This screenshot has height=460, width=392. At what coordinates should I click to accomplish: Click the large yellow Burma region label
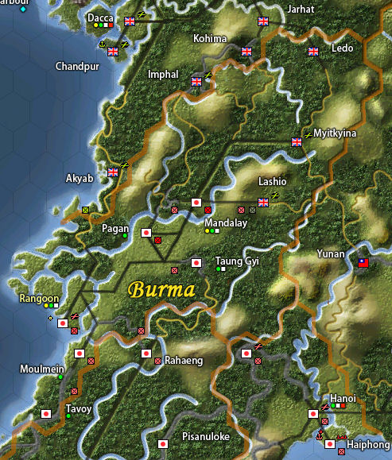click(161, 289)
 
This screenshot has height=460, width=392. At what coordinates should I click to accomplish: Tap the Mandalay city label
click(226, 223)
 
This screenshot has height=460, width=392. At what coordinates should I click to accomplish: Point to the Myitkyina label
click(336, 133)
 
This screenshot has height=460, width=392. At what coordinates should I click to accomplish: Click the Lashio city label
click(273, 181)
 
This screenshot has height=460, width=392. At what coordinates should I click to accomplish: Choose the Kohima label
click(210, 39)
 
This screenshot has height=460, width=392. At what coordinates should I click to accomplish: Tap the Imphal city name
click(163, 75)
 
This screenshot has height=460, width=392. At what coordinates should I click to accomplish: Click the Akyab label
click(79, 179)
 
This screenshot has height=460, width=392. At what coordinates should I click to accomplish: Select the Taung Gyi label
click(238, 261)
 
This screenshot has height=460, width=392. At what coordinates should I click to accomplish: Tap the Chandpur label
click(76, 66)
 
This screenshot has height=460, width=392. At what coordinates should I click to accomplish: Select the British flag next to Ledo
click(312, 51)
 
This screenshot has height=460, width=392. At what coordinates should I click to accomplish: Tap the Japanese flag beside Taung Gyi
click(196, 262)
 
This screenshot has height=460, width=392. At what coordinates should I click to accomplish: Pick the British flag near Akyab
click(113, 171)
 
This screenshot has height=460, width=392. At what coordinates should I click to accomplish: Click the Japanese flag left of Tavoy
click(46, 413)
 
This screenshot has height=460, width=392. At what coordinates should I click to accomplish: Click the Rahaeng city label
click(184, 361)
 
